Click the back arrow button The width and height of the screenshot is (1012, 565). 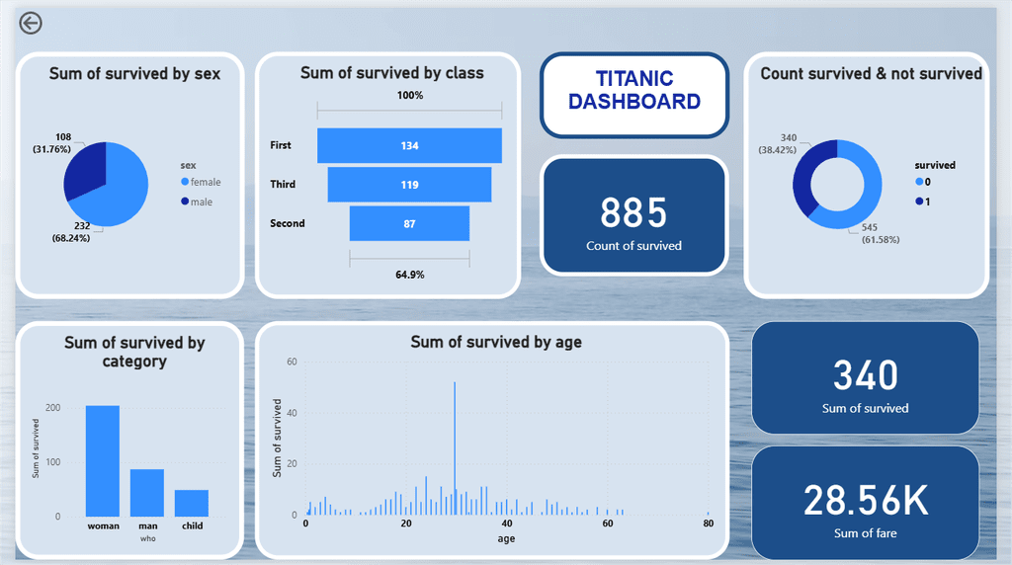coord(31,23)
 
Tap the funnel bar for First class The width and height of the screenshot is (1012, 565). coord(409,145)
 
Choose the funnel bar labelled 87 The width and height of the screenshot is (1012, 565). coord(409,223)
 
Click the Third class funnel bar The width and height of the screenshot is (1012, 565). coord(409,185)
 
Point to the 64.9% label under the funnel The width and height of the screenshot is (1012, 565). coord(409,275)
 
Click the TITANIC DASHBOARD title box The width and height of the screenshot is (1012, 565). coord(633,90)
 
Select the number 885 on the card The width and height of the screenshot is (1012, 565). coord(633,212)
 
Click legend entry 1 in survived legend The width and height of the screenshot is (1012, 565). coord(927,202)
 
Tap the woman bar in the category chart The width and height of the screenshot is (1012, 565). coord(103,460)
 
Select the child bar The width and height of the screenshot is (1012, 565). coord(192,503)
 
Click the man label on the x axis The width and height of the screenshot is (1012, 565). coord(147,525)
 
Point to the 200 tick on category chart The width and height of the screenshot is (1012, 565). coord(51,408)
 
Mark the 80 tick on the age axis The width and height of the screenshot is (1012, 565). coord(708,525)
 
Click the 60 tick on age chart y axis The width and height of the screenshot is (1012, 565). coord(292,363)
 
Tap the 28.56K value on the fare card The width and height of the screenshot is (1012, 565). coord(865,501)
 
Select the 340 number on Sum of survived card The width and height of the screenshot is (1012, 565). coord(865,375)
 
